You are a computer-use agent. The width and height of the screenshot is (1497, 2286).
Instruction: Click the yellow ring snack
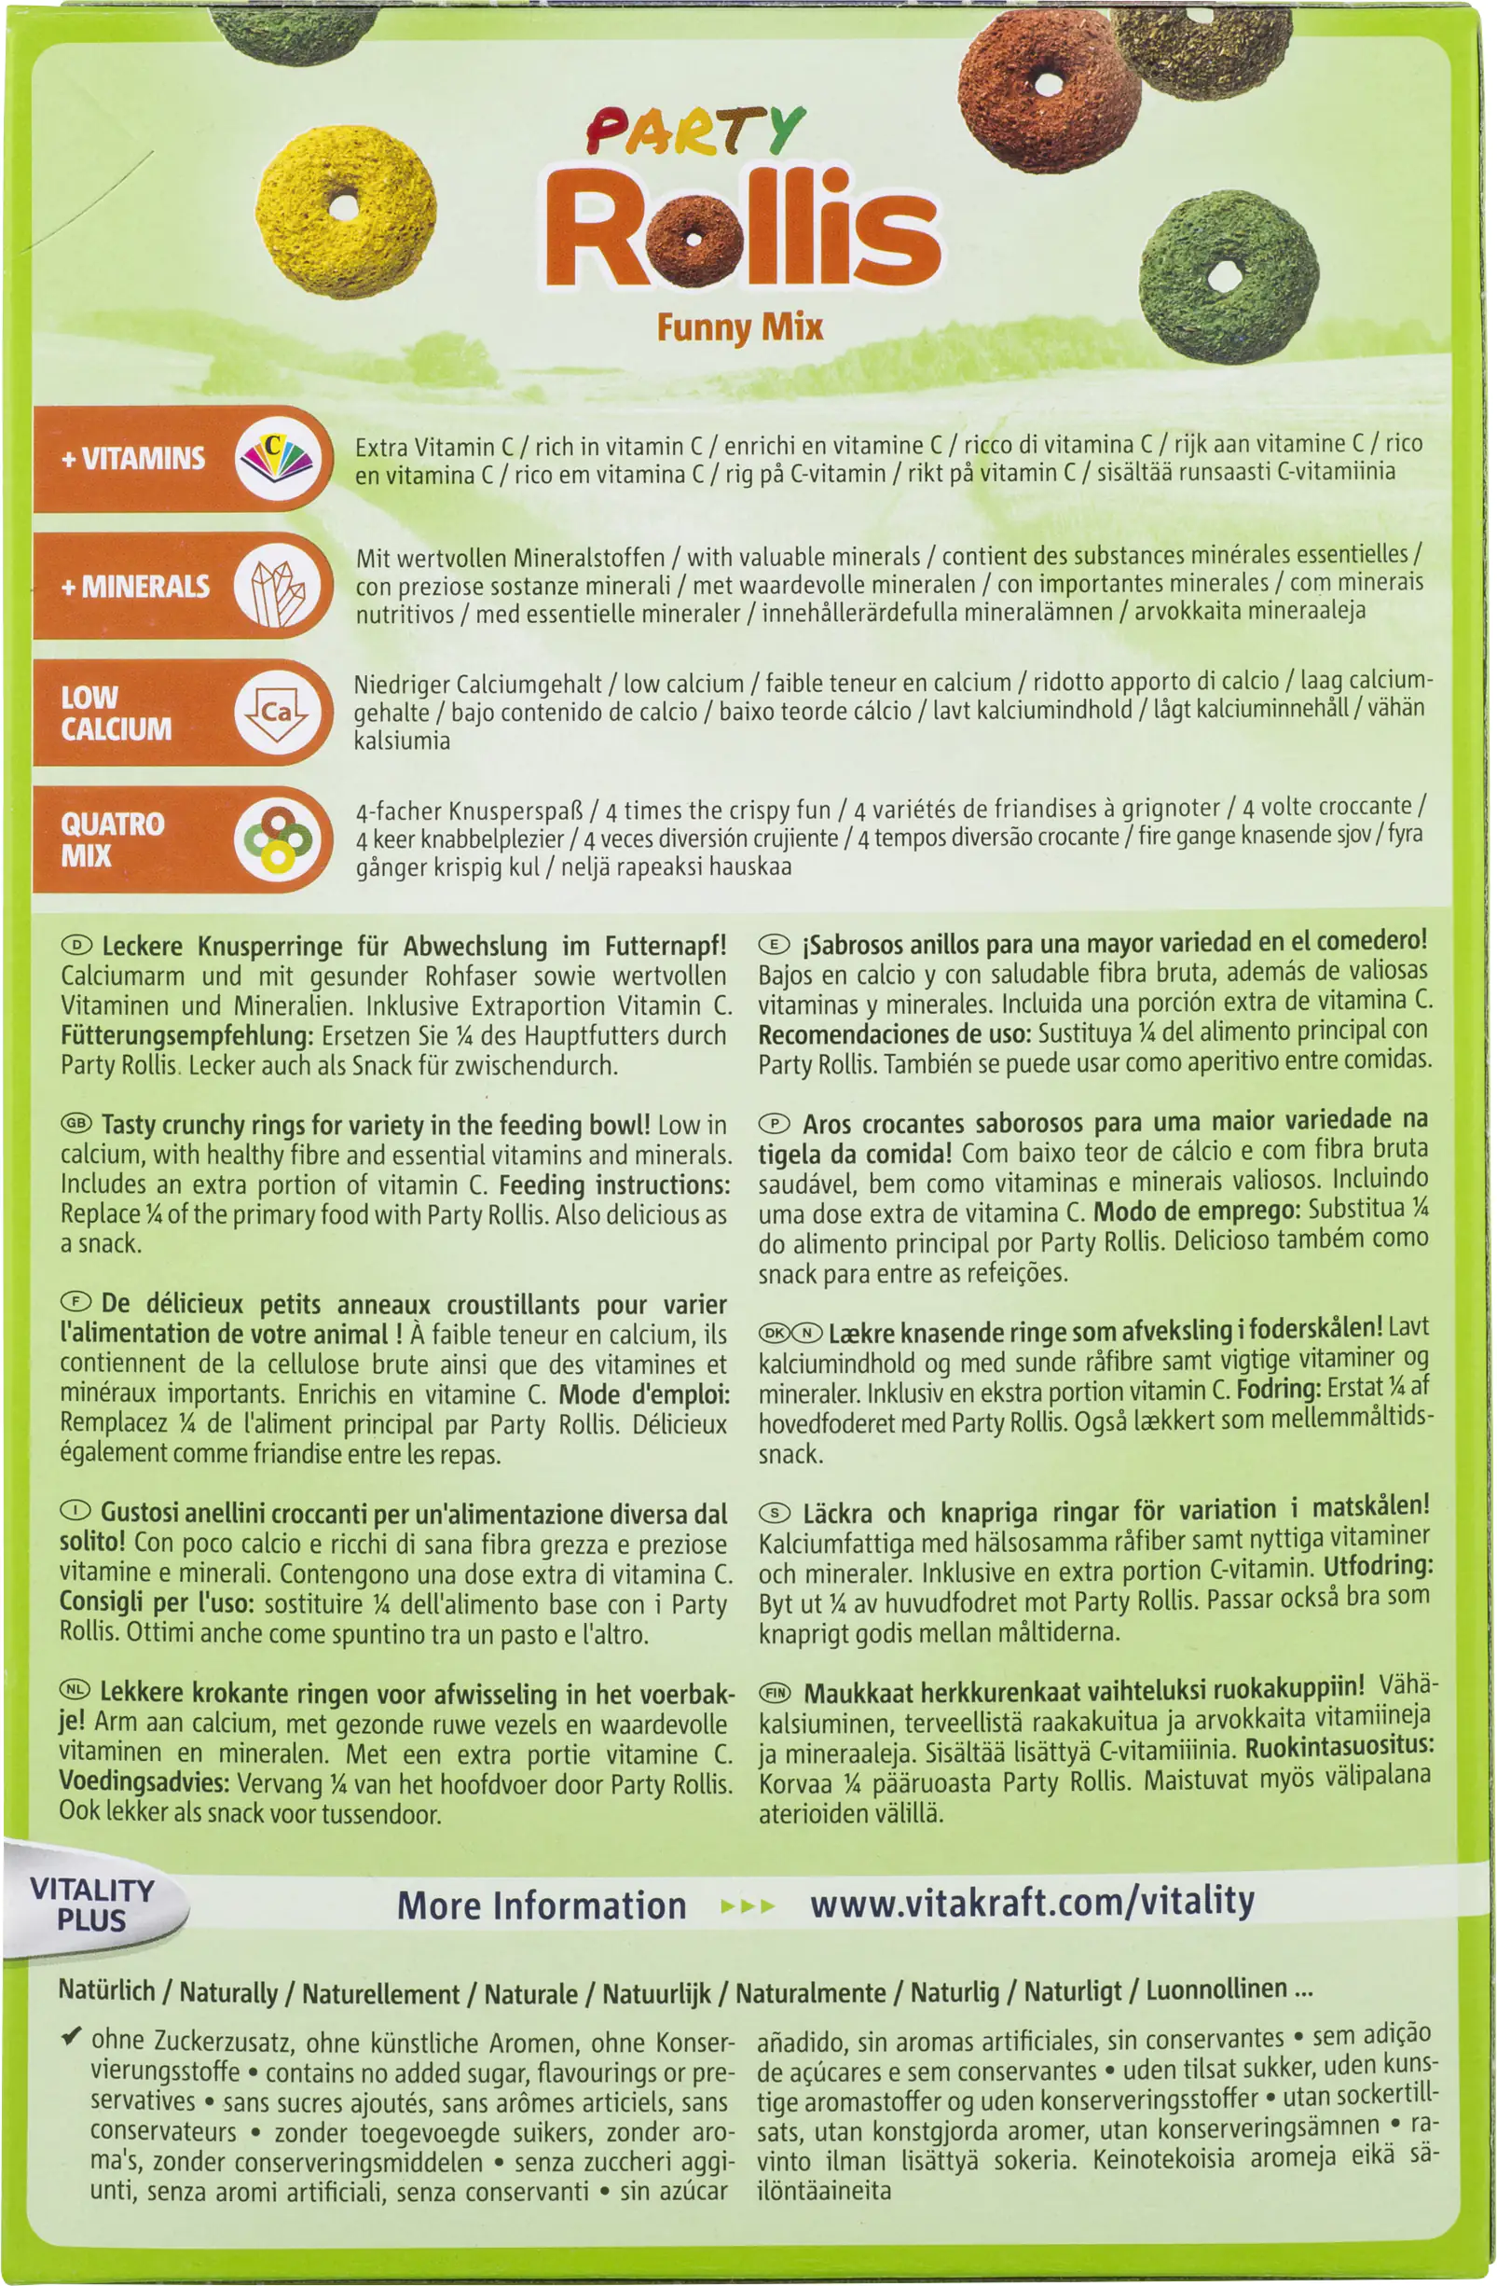[x=346, y=212]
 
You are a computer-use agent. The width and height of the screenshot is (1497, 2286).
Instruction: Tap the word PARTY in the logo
[x=694, y=132]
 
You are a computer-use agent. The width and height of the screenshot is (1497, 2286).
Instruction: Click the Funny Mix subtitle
[x=739, y=327]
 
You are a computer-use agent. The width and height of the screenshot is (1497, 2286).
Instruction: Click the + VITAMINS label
[x=133, y=458]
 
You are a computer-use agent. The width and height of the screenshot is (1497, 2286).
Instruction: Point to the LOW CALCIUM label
[x=117, y=713]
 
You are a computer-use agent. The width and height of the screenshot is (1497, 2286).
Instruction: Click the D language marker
[x=76, y=945]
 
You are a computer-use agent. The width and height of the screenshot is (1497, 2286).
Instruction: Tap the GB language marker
[x=76, y=1124]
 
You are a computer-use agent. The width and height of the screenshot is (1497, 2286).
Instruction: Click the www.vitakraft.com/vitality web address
[x=1031, y=1901]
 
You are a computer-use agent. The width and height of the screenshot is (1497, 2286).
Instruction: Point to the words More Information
[x=542, y=1905]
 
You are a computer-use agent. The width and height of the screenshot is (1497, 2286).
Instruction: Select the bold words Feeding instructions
[x=614, y=1185]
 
